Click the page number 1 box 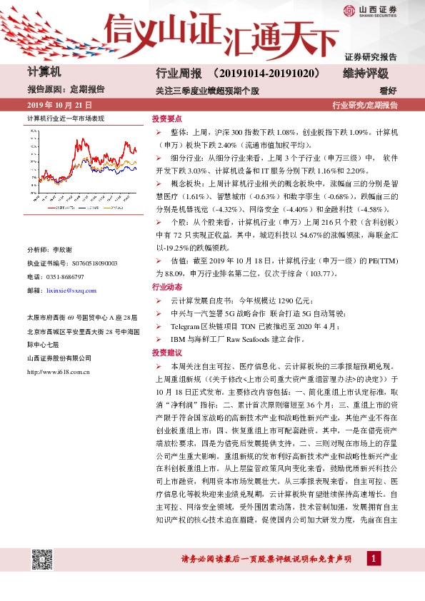[374, 557]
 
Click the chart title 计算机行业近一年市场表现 [66, 118]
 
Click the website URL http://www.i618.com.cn [57, 372]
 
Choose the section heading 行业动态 [165, 286]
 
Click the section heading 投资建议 [165, 353]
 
